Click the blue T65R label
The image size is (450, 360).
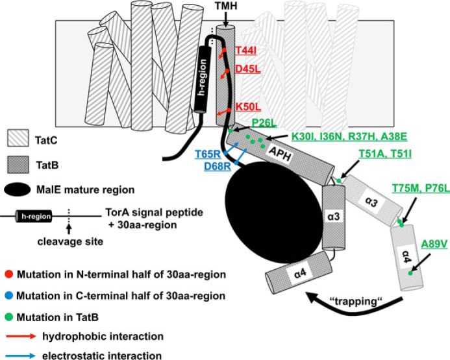click(208, 154)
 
